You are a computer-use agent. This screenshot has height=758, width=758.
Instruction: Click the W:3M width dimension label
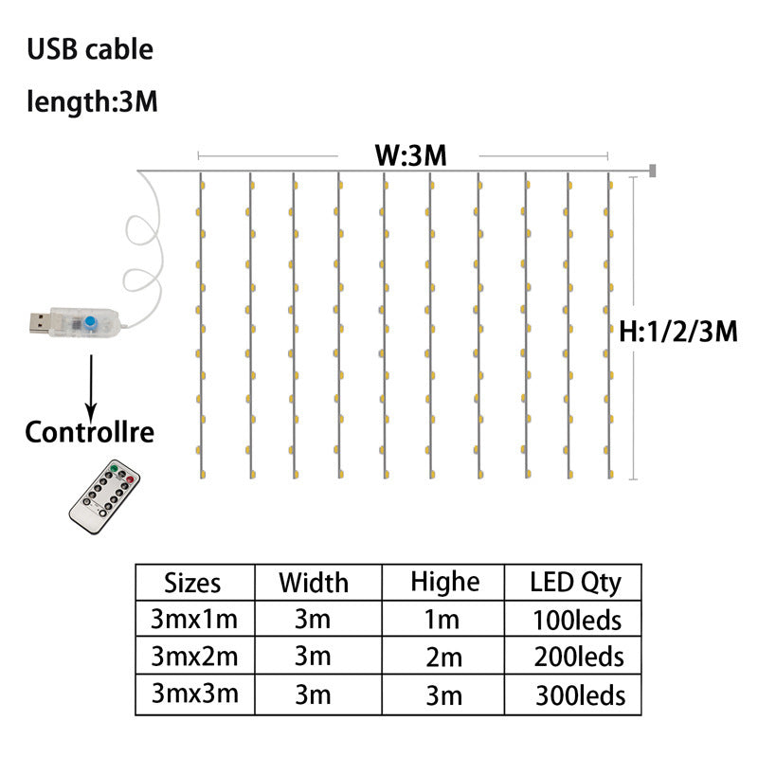411,155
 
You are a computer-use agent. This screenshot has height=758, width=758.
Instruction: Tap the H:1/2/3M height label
678,332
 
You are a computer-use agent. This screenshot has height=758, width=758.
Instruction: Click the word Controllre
89,432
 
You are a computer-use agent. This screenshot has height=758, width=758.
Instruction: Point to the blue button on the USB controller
89,322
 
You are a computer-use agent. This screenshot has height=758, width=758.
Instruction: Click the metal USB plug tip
40,323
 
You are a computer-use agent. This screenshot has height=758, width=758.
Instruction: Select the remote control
104,496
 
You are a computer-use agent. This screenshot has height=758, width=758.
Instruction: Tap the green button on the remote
114,468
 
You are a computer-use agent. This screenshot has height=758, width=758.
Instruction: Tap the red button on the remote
130,479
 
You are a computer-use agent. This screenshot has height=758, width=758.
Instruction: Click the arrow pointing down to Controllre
91,390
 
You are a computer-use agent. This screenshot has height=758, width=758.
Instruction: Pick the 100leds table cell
577,621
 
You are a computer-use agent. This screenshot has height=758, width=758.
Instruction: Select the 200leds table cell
579,657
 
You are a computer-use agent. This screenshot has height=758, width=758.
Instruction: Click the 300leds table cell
580,695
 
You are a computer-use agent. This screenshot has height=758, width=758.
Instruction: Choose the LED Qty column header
575,583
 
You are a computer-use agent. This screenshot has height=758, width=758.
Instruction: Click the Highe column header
444,582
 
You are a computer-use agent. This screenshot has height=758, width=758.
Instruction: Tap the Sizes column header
192,583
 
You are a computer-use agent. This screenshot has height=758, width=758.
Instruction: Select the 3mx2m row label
194,657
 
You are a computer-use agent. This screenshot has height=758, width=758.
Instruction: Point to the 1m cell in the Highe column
442,620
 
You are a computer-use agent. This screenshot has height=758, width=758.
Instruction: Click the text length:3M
92,101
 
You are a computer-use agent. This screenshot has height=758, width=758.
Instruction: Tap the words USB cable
90,49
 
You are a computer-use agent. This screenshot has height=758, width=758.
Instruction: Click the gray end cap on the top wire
653,171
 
